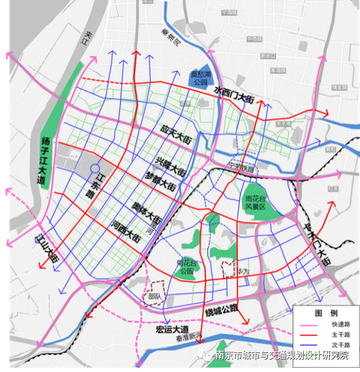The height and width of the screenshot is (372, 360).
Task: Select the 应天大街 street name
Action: point(176,133)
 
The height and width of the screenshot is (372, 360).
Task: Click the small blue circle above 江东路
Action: point(94,169)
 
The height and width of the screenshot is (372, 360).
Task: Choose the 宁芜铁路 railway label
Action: point(239,169)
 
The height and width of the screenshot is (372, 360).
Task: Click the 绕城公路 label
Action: point(221,309)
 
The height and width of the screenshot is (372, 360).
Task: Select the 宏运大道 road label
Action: point(172,329)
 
